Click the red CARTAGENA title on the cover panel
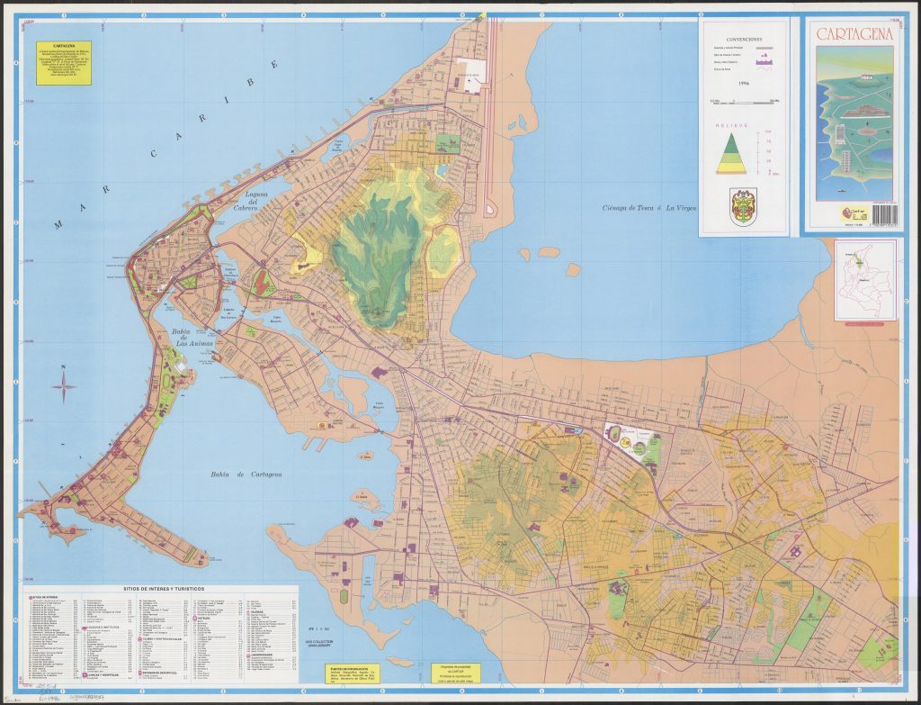pos(855,34)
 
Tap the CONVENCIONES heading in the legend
pos(743,40)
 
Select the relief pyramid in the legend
pos(730,154)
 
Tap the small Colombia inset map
pos(864,279)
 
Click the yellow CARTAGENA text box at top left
pos(63,62)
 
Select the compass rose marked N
pos(64,387)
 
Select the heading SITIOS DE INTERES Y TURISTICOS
pos(161,588)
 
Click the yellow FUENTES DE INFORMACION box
pos(352,673)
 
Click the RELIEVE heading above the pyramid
pos(730,127)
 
